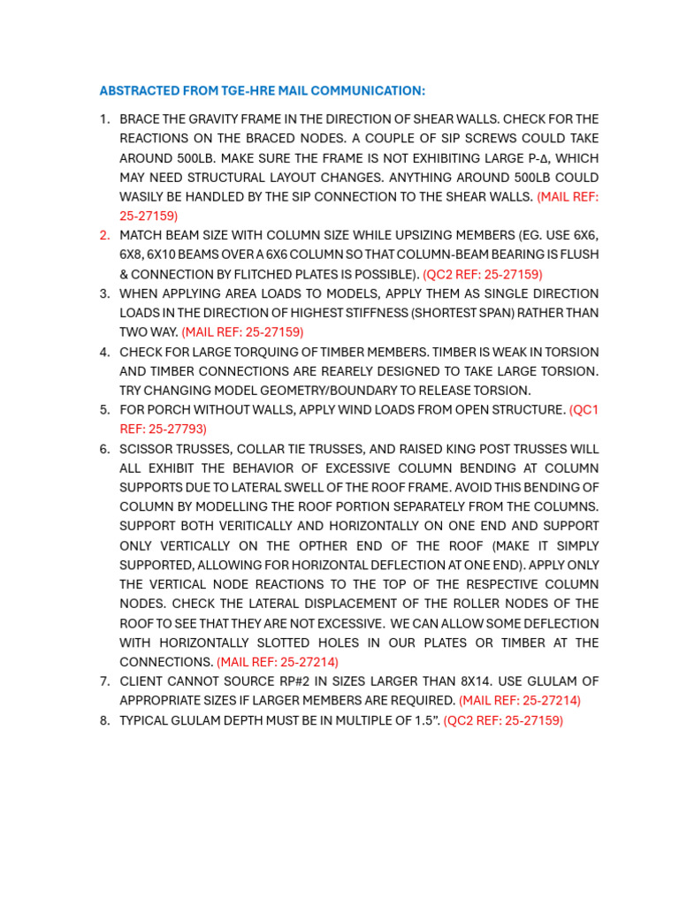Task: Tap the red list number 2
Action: click(x=104, y=235)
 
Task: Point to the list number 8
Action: click(x=104, y=720)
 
